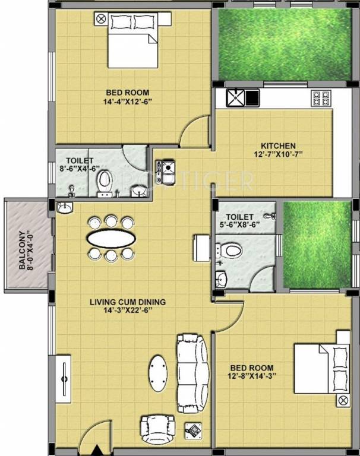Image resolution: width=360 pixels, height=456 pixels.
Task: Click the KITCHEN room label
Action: point(278,146)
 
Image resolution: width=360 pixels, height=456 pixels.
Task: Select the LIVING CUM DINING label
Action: point(127,302)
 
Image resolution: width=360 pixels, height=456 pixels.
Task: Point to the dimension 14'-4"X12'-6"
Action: point(127,101)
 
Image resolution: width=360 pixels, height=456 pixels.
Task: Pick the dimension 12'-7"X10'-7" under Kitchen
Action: point(278,155)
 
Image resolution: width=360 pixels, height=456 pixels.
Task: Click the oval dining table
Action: point(112,239)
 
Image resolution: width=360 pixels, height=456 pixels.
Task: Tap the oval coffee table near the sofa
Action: point(158,373)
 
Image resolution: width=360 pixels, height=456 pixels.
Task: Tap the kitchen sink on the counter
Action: point(236,97)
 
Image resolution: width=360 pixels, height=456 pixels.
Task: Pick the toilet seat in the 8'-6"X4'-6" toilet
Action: point(105,179)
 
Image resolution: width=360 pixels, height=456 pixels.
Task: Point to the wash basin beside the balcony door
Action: point(65,208)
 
